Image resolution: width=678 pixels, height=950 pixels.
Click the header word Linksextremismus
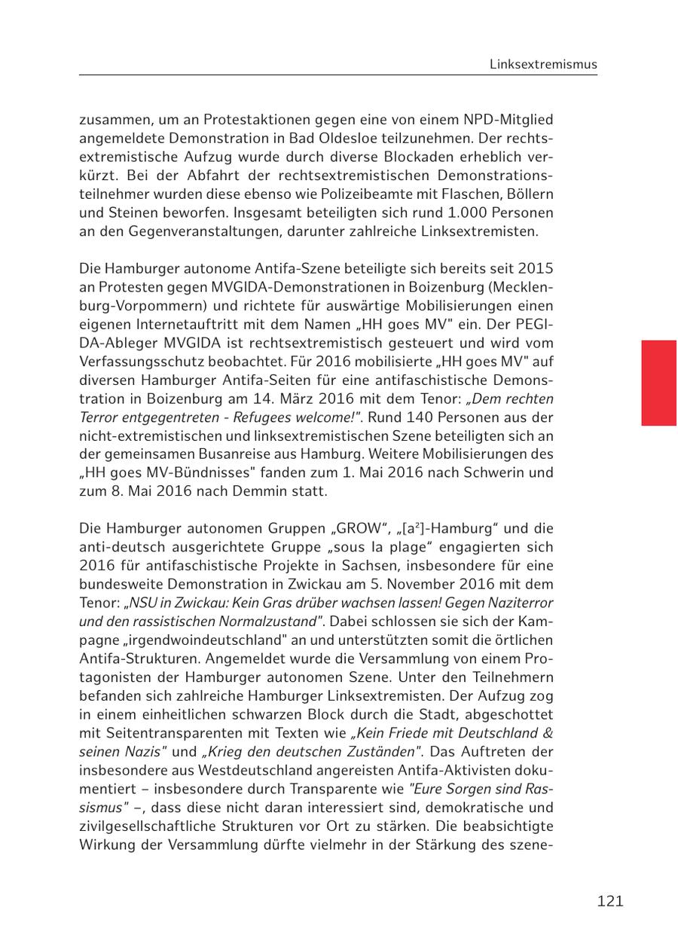pos(543,64)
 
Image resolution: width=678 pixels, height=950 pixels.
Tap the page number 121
pos(610,901)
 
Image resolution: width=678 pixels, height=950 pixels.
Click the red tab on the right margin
pos(658,383)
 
